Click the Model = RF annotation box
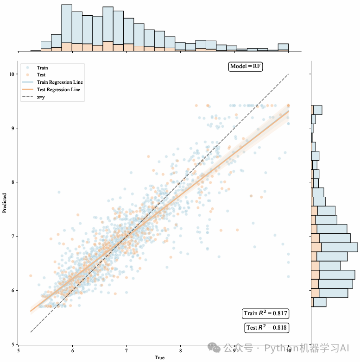(x=246, y=67)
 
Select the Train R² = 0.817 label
(x=266, y=313)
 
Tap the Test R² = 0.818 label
(x=266, y=328)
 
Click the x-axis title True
(x=159, y=357)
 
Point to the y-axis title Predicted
(x=5, y=203)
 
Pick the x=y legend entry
(x=41, y=97)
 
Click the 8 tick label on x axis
(x=181, y=350)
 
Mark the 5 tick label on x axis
(x=19, y=350)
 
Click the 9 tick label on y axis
(x=14, y=128)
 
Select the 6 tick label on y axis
(x=14, y=290)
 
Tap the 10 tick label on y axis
(x=13, y=74)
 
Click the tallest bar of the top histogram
(x=66, y=28)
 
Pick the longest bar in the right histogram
(x=334, y=247)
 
